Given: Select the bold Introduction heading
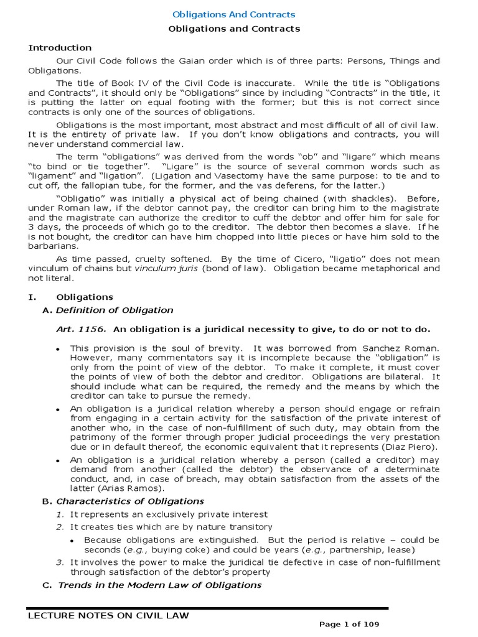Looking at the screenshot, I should (60, 48).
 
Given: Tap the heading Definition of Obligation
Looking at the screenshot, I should (115, 310).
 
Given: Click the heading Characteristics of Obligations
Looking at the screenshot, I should (130, 501).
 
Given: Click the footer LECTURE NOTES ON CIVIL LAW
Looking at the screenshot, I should (108, 616).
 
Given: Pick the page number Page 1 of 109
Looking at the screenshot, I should (349, 624).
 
